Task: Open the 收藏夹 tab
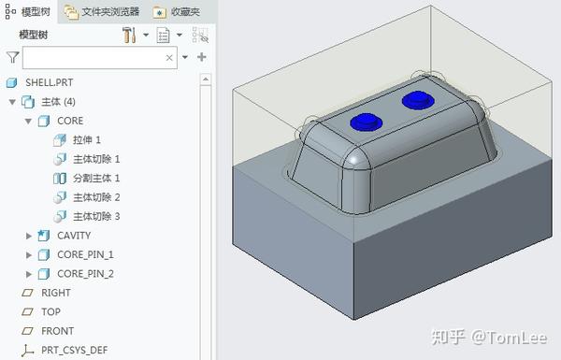coord(177,11)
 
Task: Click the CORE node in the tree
coord(69,121)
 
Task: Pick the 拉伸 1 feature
coord(86,139)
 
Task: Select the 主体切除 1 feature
coord(95,159)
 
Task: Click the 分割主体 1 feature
coord(95,178)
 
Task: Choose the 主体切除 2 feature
coord(95,197)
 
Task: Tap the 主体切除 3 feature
coord(95,216)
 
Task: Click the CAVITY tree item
coord(73,236)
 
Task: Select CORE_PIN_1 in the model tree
coord(84,254)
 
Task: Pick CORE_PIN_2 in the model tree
coord(84,274)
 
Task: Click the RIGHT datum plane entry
coord(55,293)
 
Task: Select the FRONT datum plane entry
coord(56,331)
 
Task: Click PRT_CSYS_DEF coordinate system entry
coord(74,351)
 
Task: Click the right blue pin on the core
coord(415,99)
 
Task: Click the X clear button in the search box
coord(169,57)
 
